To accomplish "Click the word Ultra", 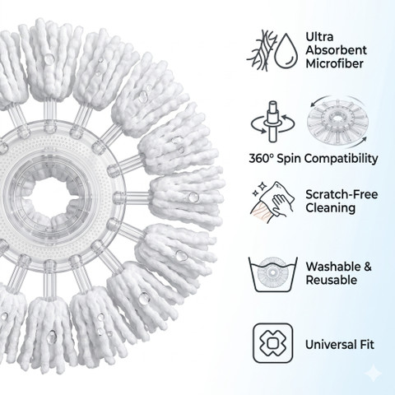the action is click(319, 37).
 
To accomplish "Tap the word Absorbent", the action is click(337, 50).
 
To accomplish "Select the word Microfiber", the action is click(335, 63).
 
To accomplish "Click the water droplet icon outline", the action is click(286, 51).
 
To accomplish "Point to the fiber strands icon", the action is click(262, 51).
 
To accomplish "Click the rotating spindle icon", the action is click(272, 122).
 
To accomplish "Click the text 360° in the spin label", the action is click(262, 159).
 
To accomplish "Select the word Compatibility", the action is click(341, 159).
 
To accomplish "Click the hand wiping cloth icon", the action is click(272, 202).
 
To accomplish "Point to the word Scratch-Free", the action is click(342, 194).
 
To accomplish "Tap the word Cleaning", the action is click(331, 208).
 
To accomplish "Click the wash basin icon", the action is click(273, 274).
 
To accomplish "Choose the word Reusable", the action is click(332, 280).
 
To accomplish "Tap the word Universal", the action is click(327, 345).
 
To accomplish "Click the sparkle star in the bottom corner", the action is click(374, 374).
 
